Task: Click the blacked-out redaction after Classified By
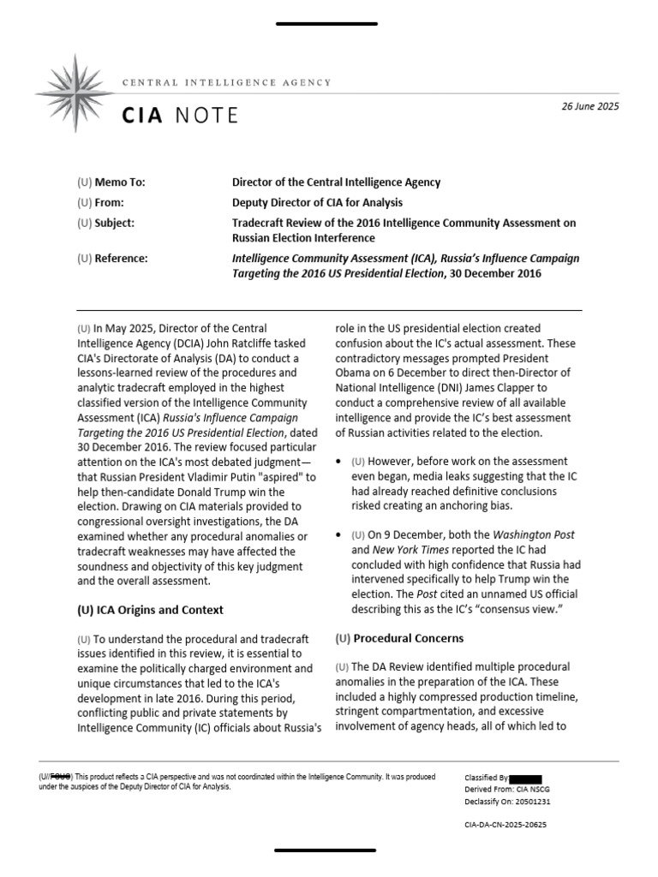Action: point(524,779)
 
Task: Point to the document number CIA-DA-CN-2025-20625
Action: point(505,825)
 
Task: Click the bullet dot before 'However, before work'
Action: point(339,462)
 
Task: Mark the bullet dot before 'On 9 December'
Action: point(339,535)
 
